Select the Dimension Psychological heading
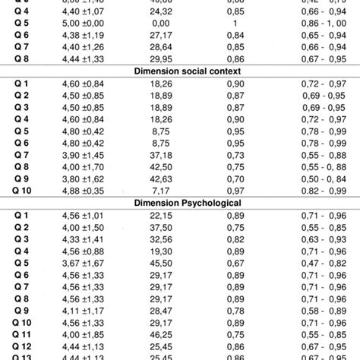[180, 203]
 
